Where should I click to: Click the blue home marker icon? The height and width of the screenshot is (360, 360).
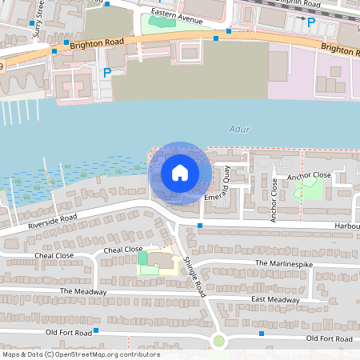coord(180,173)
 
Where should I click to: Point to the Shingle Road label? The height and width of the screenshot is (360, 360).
coord(193,277)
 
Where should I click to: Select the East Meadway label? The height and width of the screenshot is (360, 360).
coord(275,299)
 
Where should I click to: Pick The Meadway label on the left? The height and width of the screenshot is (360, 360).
coord(82,291)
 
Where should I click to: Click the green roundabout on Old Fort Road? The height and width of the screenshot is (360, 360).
coord(218,342)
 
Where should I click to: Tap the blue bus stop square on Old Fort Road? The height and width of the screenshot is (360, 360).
coord(95,330)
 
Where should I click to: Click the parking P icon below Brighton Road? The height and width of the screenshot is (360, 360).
coord(107,72)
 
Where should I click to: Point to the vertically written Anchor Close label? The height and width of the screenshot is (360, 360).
coord(274,200)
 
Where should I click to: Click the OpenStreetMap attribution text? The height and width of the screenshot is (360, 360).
coord(81,354)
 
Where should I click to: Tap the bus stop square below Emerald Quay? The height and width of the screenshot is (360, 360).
coord(200,226)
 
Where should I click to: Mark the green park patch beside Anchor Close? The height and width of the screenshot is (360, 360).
coord(308,189)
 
